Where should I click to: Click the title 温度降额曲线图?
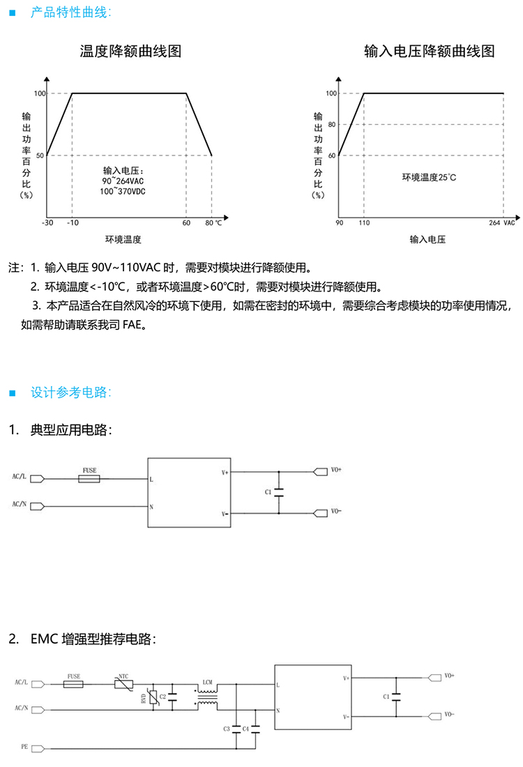click(x=130, y=52)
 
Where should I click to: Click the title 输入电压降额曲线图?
click(x=430, y=52)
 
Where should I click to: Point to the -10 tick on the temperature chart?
click(x=72, y=223)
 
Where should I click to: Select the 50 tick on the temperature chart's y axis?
click(x=40, y=155)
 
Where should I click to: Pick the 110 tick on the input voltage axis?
click(x=363, y=223)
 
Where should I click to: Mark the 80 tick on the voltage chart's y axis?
click(x=332, y=124)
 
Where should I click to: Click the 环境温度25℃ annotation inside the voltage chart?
click(x=429, y=177)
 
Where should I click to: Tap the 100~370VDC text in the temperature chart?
click(x=128, y=191)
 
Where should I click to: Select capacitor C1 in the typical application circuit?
click(x=279, y=492)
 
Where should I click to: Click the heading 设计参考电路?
click(x=70, y=392)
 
